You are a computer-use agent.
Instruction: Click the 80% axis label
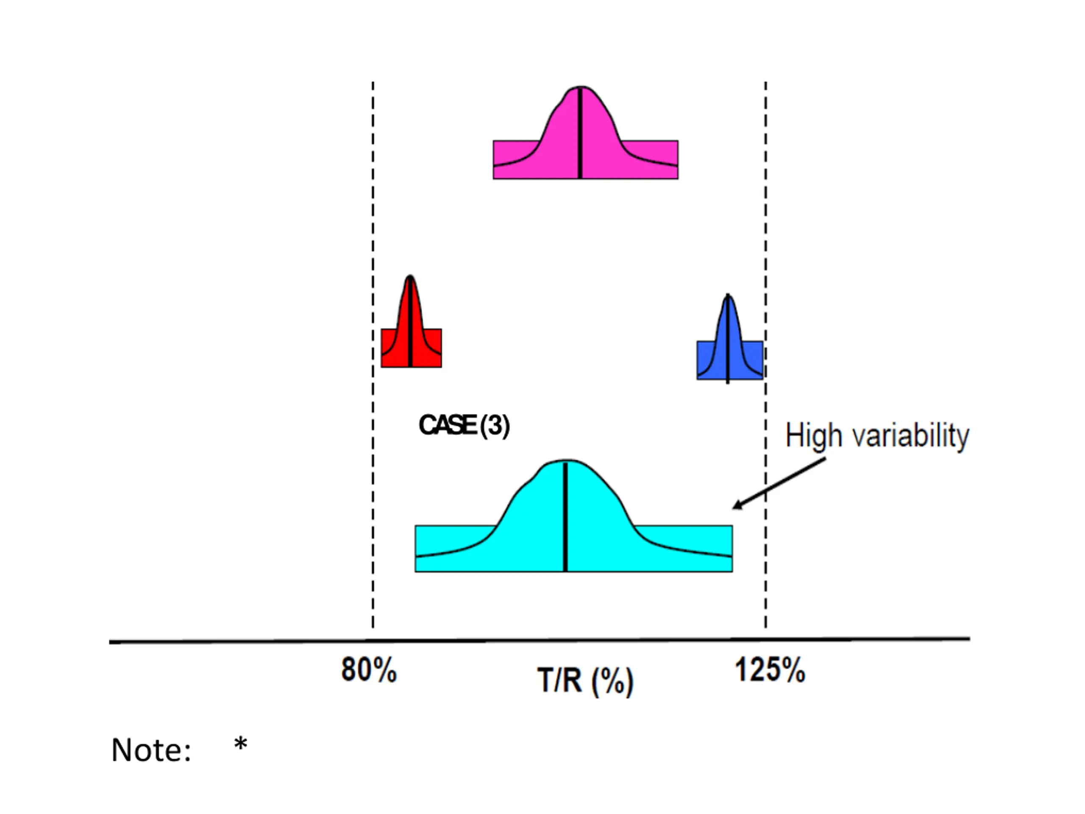369,669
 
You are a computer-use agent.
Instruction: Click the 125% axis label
770,670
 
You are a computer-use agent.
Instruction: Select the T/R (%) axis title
585,681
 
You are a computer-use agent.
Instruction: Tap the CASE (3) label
464,425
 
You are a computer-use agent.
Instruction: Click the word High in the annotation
814,436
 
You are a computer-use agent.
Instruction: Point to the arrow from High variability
780,483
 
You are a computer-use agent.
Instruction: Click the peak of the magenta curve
580,88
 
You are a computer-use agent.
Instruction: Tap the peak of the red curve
410,277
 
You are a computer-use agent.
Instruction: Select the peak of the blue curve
728,295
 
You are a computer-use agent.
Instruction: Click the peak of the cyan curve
565,461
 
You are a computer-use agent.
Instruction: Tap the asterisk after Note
240,744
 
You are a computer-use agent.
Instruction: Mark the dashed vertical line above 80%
373,221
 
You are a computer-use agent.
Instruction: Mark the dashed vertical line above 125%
766,221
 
